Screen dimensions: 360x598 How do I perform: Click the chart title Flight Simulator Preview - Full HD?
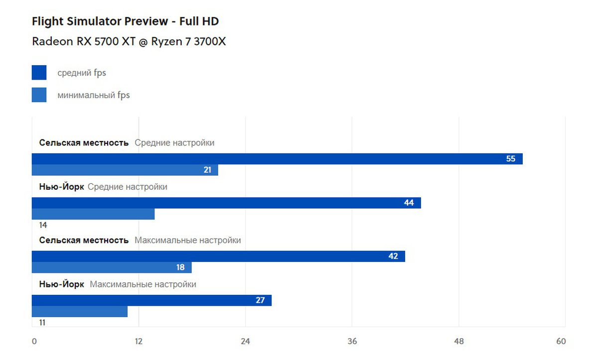pyautogui.click(x=125, y=21)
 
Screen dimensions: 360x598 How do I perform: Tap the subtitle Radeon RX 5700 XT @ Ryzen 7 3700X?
pyautogui.click(x=129, y=41)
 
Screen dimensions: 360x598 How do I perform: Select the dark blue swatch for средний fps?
pyautogui.click(x=39, y=73)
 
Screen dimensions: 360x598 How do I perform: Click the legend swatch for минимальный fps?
pyautogui.click(x=39, y=95)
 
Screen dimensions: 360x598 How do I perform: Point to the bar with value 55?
pyautogui.click(x=277, y=159)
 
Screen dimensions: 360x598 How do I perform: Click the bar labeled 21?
pyautogui.click(x=125, y=170)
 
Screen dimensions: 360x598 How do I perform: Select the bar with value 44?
pyautogui.click(x=226, y=203)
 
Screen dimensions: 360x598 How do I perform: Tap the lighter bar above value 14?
pyautogui.click(x=93, y=214)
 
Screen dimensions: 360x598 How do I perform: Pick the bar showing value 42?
pyautogui.click(x=218, y=256)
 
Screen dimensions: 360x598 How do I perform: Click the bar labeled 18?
pyautogui.click(x=112, y=267)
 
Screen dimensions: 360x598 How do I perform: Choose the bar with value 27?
pyautogui.click(x=151, y=300)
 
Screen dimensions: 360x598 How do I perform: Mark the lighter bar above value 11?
pyautogui.click(x=80, y=311)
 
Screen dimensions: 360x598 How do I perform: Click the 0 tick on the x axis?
pyautogui.click(x=34, y=341)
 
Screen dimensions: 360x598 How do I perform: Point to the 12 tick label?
pyautogui.click(x=139, y=341)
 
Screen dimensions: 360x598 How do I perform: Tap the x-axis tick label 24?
pyautogui.click(x=245, y=341)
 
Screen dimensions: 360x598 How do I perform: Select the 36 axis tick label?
pyautogui.click(x=352, y=341)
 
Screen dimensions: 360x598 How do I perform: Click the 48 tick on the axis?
pyautogui.click(x=459, y=341)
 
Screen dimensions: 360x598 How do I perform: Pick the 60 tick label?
pyautogui.click(x=561, y=341)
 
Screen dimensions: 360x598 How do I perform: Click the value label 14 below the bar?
pyautogui.click(x=43, y=225)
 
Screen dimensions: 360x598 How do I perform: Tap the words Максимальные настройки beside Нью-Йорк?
pyautogui.click(x=143, y=284)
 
